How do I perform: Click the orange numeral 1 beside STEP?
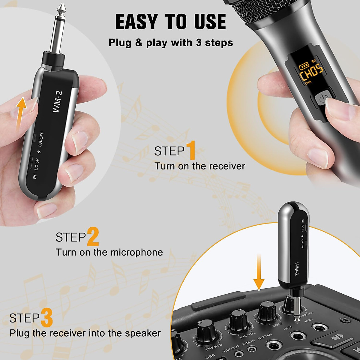pyautogui.click(x=191, y=151)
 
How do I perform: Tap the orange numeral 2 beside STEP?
pyautogui.click(x=93, y=237)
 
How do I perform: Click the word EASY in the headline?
pyautogui.click(x=136, y=22)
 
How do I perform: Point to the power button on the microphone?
pyautogui.click(x=321, y=99)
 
